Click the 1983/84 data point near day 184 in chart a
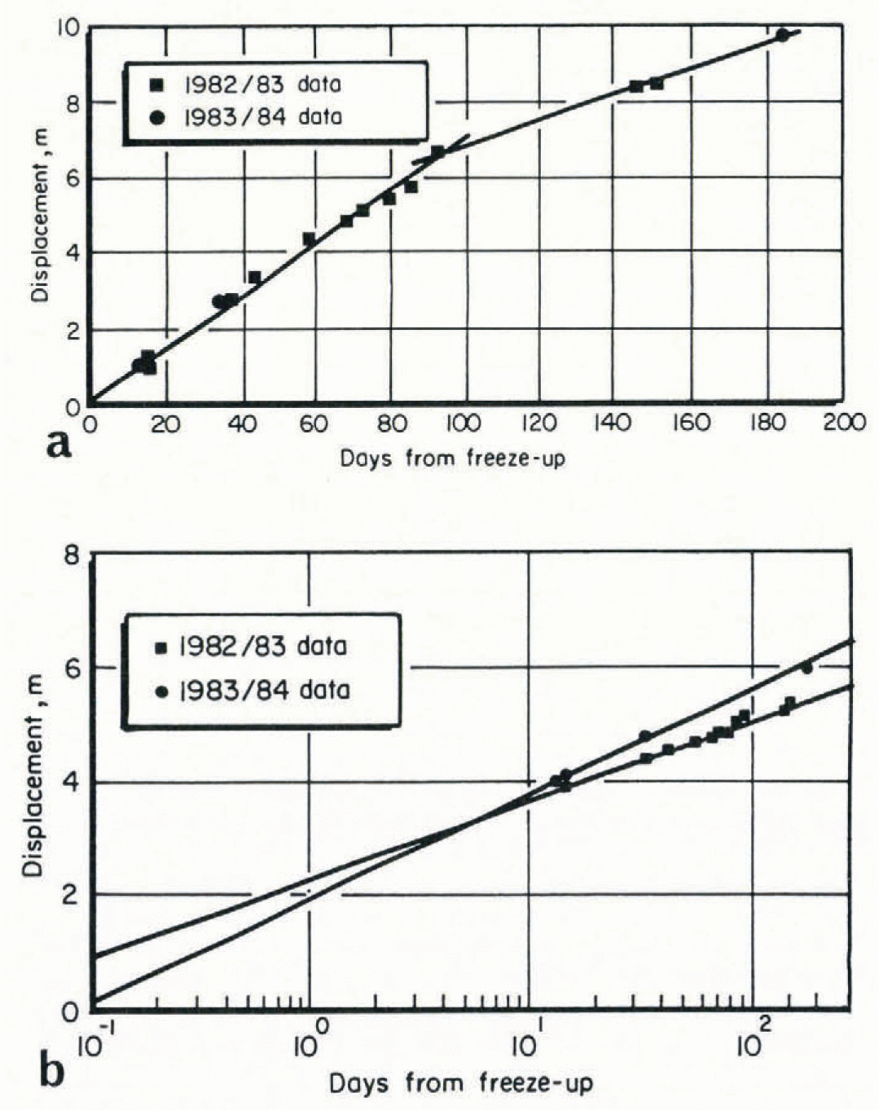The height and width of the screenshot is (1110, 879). (782, 35)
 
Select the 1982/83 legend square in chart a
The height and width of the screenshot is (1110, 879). (158, 85)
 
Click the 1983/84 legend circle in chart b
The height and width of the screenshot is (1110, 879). (163, 691)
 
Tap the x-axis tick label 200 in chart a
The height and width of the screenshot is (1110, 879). (844, 424)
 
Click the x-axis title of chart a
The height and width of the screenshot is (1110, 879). (452, 458)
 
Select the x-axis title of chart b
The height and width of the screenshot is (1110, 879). (460, 1083)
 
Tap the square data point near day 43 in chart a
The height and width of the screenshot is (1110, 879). (254, 277)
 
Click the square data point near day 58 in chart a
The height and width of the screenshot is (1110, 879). (309, 239)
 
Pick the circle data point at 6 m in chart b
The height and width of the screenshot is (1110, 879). (807, 668)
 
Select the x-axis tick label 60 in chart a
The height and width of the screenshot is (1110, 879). (313, 424)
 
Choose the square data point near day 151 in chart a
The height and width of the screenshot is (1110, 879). (657, 83)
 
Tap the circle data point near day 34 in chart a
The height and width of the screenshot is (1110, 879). (218, 302)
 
